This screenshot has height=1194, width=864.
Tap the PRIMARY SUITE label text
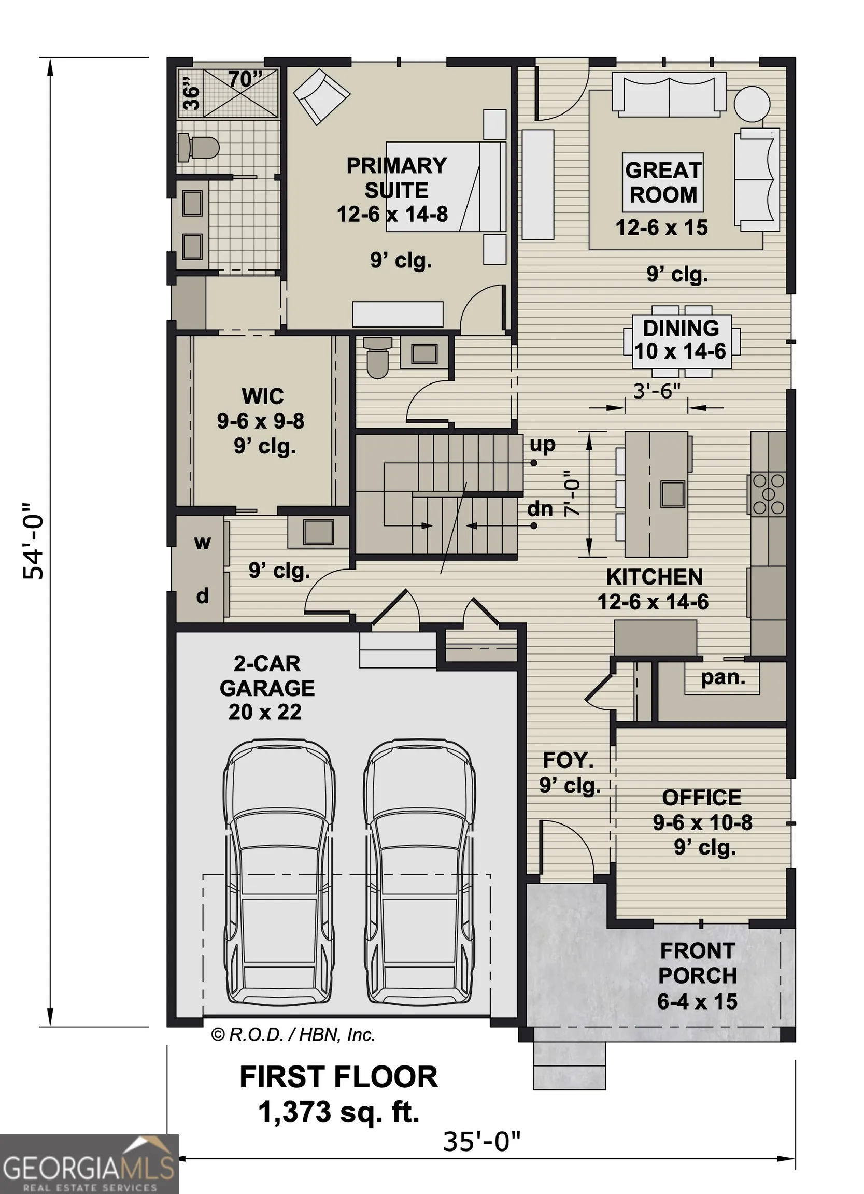point(396,177)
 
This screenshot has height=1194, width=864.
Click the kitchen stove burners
point(769,494)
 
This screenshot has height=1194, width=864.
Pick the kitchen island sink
point(672,493)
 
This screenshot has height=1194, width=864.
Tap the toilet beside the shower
point(198,147)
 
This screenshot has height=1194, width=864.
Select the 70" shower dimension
point(245,79)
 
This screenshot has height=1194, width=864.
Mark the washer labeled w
point(202,542)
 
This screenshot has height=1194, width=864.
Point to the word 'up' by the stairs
point(542,445)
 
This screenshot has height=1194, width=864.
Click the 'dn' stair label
point(540,509)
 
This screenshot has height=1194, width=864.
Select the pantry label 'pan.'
point(723,678)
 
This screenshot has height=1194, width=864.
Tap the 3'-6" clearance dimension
point(657,391)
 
